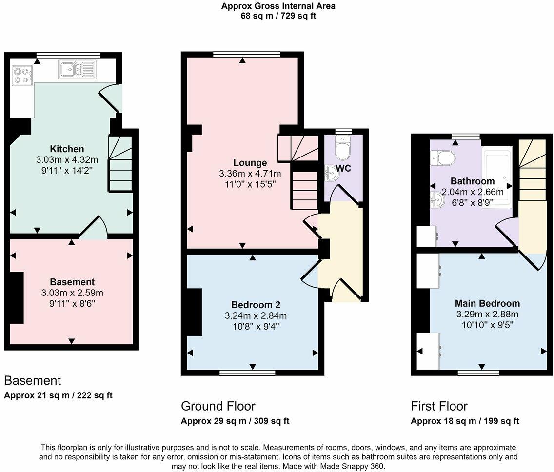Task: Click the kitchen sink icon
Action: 77,69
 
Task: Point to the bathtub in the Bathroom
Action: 497,177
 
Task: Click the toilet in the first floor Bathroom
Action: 443,157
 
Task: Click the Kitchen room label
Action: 67,149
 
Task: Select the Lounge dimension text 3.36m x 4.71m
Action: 250,174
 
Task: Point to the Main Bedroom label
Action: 480,303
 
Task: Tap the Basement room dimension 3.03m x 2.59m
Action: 72,293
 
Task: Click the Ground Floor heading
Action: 218,406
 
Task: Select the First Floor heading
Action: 439,406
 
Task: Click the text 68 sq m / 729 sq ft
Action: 278,16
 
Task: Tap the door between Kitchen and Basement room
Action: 91,228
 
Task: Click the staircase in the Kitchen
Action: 120,163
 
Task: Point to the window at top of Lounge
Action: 247,54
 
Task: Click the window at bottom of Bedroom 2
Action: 247,373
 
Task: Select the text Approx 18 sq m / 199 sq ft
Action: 465,421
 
